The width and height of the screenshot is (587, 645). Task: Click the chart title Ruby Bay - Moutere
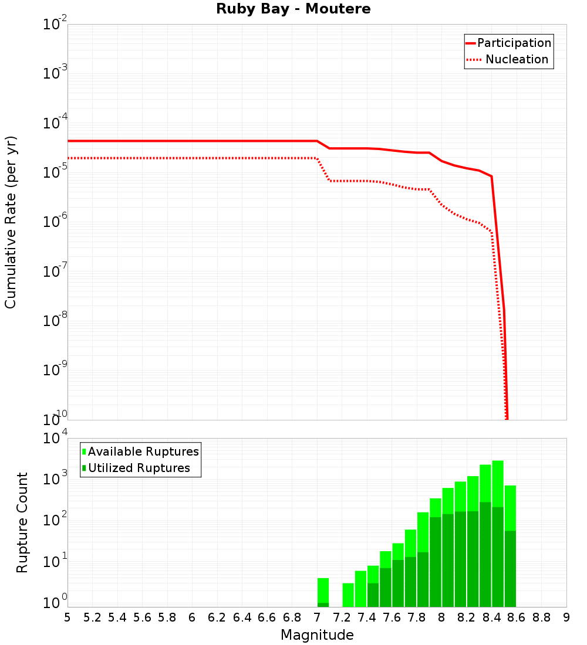pyautogui.click(x=293, y=9)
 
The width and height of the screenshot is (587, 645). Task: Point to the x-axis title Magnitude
pyautogui.click(x=317, y=635)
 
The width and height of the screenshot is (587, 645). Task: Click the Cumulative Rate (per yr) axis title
pyautogui.click(x=11, y=222)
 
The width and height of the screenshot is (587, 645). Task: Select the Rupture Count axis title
pyautogui.click(x=22, y=522)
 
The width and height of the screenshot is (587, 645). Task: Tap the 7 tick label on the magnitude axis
pyautogui.click(x=317, y=617)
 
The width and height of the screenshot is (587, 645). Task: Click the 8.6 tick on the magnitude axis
pyautogui.click(x=517, y=617)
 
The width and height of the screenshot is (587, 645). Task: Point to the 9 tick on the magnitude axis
pyautogui.click(x=566, y=617)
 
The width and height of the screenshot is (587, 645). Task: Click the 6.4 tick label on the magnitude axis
pyautogui.click(x=242, y=617)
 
